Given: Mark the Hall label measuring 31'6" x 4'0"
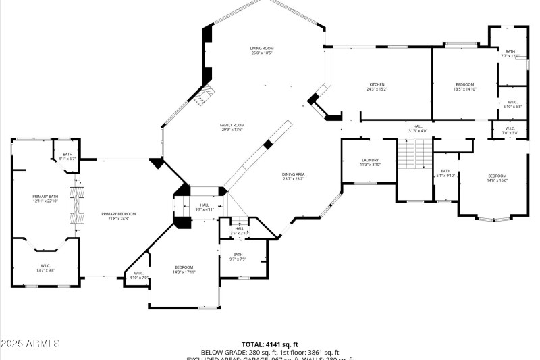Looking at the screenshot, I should point(418,128).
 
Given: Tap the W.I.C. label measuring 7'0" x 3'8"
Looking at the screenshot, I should point(510,130).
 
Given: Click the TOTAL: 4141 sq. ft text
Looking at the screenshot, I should point(269,344).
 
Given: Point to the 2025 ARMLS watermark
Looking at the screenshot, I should point(31,344).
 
